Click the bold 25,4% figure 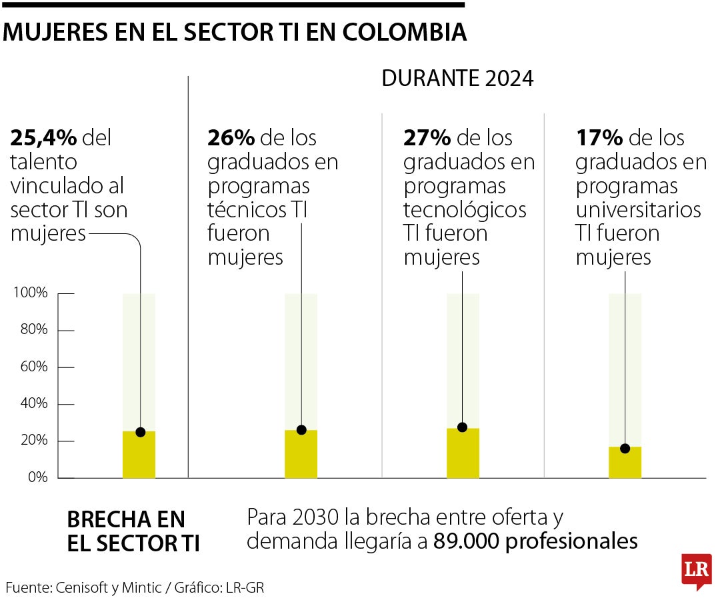43,138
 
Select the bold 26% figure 231,138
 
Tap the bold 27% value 427,138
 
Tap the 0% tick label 37,477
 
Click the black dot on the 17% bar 625,448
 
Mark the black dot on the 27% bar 463,427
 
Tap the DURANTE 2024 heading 457,79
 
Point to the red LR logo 696,570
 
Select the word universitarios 638,211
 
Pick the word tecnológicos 465,211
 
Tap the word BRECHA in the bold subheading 107,519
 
